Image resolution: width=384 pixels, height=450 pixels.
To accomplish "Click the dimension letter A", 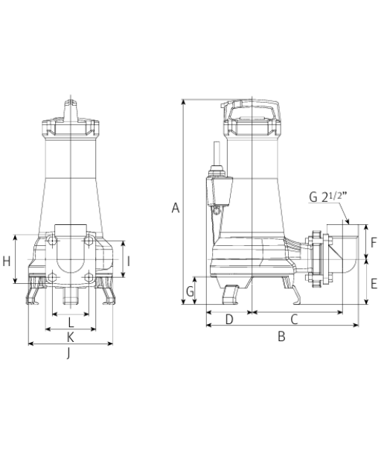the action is point(176,208).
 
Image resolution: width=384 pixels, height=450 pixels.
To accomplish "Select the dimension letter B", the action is point(282,336).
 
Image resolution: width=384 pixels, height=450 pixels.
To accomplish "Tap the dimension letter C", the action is point(294,319).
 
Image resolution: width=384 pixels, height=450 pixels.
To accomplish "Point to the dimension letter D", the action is point(229,319).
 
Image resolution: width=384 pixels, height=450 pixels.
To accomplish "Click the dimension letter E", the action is point(374,284).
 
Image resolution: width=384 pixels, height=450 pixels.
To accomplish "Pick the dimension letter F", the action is point(374,243).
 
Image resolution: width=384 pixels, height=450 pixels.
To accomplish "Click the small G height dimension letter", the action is point(190,291).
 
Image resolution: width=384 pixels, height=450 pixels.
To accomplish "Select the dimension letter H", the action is point(6,262).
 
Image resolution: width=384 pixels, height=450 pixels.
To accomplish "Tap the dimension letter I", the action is point(129,262).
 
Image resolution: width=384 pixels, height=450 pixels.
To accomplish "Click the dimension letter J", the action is point(68,353).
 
